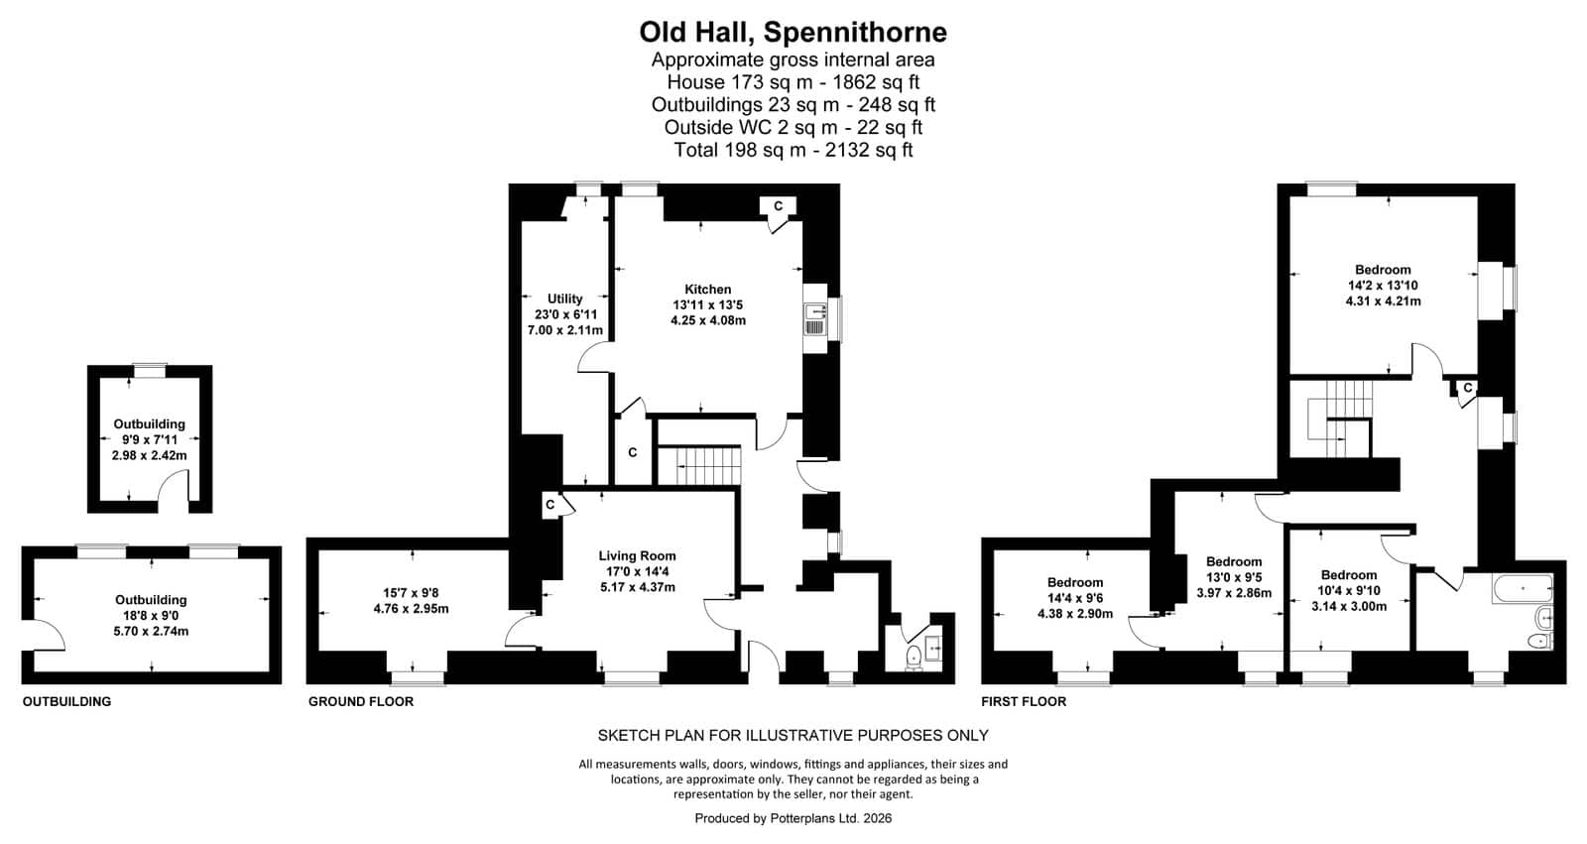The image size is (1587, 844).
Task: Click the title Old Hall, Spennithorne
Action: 793,33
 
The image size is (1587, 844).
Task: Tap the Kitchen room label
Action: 708,290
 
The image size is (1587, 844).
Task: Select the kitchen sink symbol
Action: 815,319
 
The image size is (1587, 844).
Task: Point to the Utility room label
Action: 564,300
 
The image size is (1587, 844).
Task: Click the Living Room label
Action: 637,556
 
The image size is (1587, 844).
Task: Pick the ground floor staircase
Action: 700,465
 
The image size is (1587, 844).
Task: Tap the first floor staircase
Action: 1340,420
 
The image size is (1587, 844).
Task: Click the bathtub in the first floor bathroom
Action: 1523,589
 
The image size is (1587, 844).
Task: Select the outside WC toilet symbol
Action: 914,657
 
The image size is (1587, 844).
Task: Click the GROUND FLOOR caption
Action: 361,701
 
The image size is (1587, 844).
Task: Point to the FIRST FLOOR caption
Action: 1023,701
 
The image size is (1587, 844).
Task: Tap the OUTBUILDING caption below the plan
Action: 66,701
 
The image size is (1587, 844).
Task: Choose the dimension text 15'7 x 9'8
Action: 411,593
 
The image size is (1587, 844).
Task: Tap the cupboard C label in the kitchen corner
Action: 778,206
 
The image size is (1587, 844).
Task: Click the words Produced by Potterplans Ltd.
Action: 776,818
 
